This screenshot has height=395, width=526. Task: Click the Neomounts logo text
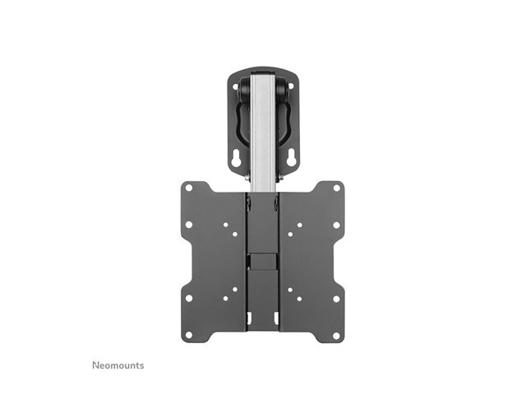pos(118,365)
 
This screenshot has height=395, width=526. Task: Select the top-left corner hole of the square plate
pos(189,188)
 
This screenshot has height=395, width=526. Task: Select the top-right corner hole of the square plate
pos(337,188)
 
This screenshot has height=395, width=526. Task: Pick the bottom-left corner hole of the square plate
pos(189,335)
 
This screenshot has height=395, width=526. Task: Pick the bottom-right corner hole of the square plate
pos(336,335)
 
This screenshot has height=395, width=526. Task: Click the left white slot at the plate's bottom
pos(249,318)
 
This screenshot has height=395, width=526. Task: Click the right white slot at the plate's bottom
pos(276,318)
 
